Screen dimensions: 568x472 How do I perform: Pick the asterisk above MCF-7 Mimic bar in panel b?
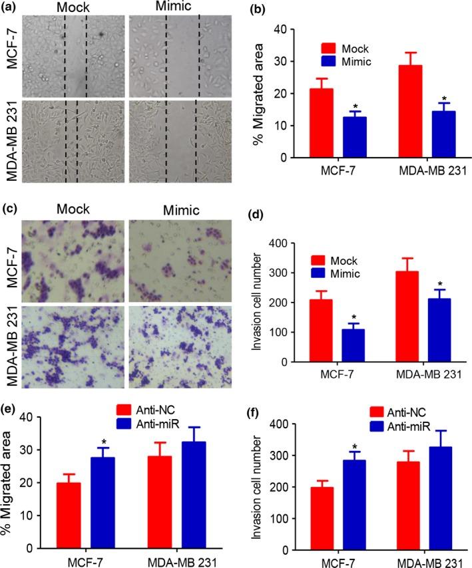point(355,106)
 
